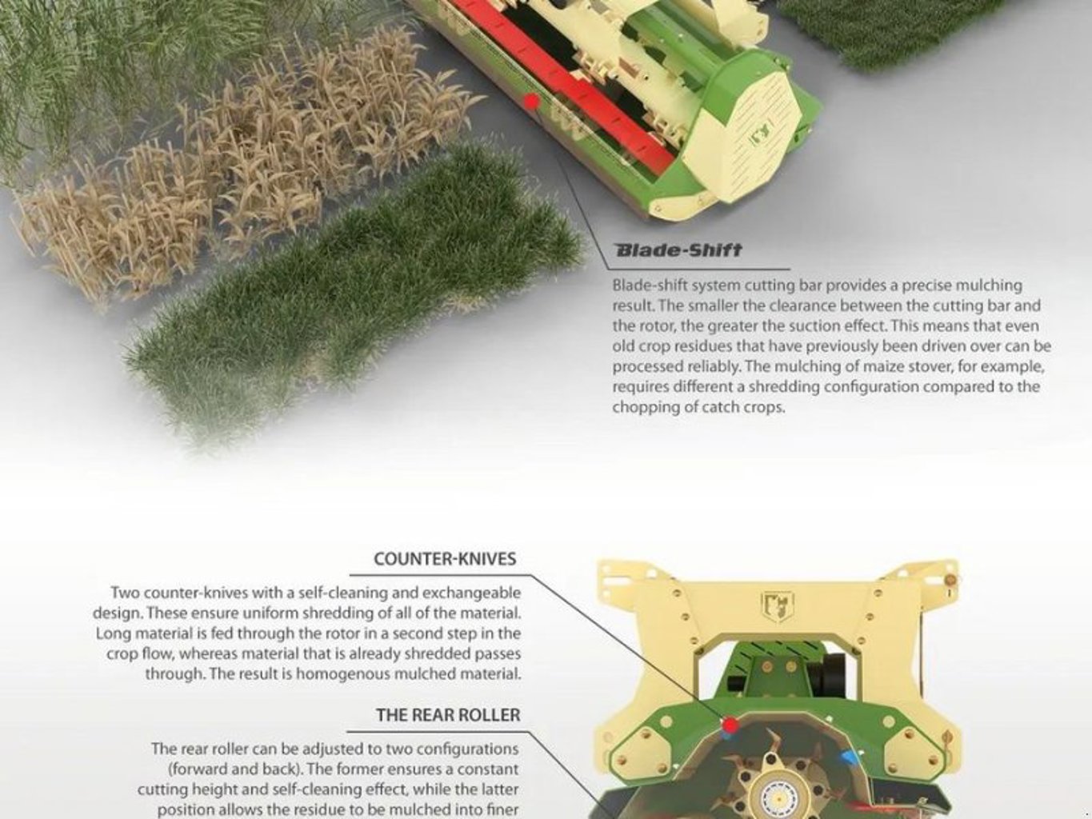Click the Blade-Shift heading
coord(678,250)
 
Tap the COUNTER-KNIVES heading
coord(445,559)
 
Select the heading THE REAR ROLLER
coord(448,714)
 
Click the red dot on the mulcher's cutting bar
coord(533,102)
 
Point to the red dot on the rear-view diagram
coord(730,725)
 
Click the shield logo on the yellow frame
coord(778,606)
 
